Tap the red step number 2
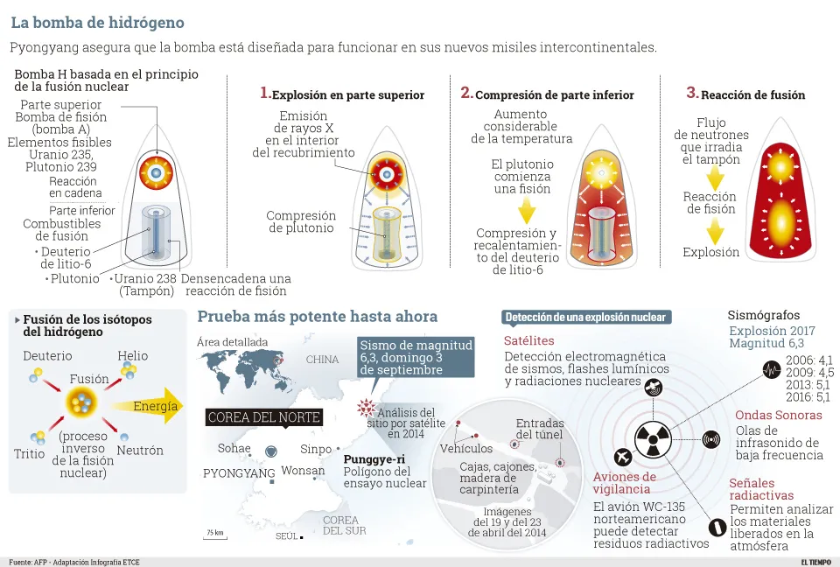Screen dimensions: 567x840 [x=466, y=93]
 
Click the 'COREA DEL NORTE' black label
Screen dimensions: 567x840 [x=263, y=417]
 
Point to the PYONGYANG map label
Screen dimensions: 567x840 [x=239, y=473]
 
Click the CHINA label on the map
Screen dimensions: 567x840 [x=322, y=360]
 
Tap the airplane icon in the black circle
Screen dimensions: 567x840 [x=623, y=457]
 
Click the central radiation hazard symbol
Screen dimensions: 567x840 [x=654, y=441]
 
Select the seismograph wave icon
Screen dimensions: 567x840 [x=771, y=369]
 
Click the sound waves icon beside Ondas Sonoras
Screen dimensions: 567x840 [x=710, y=440]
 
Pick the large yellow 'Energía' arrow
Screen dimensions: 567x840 [x=157, y=406]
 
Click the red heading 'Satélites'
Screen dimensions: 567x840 [x=528, y=340]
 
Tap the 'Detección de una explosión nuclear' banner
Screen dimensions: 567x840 [x=586, y=317]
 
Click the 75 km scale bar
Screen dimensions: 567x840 [x=214, y=535]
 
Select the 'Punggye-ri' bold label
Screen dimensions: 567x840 [x=373, y=459]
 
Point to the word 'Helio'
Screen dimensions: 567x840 [x=133, y=356]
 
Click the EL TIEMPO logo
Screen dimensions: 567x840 [x=816, y=561]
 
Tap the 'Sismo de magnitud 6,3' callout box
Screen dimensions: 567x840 [x=416, y=357]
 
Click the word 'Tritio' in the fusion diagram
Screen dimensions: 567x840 [x=29, y=454]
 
